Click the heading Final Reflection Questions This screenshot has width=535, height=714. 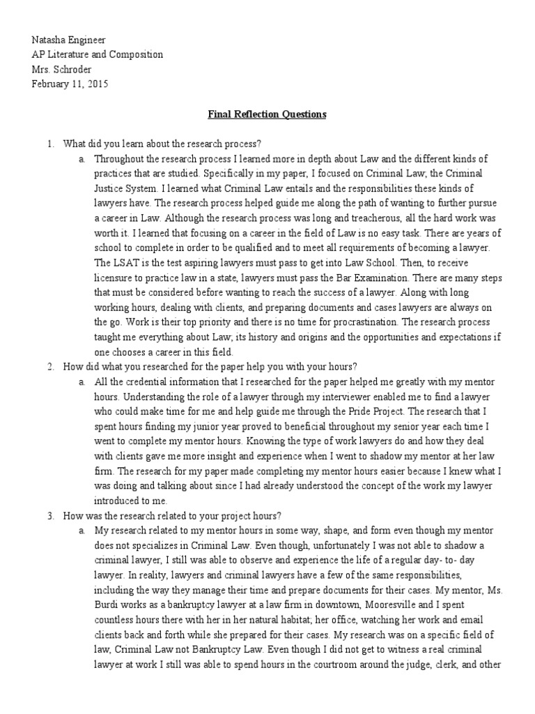pos(267,114)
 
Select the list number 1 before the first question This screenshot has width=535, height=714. pos(49,144)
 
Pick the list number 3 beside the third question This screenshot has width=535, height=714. pos(49,515)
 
